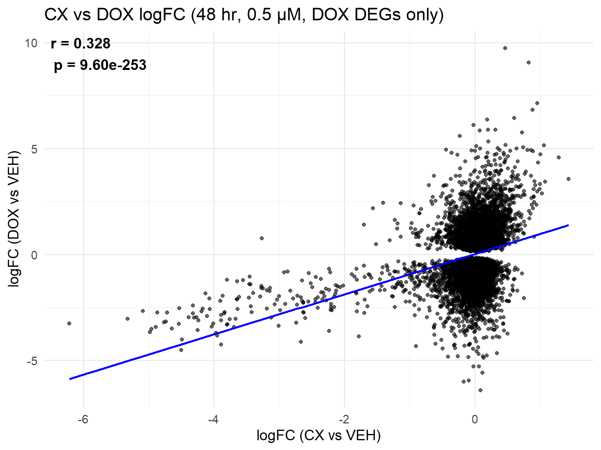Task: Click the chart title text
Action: pos(244,15)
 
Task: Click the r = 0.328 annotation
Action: pos(81,43)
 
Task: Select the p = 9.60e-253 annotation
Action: pos(100,65)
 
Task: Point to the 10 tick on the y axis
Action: pos(31,43)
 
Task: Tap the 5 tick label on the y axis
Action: pos(34,149)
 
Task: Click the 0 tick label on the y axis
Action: pos(34,255)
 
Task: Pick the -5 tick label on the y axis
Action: pos(32,361)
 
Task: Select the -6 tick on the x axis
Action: pos(83,420)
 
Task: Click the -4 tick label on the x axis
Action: pos(213,420)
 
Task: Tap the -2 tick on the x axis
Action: pos(344,420)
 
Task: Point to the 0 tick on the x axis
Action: pos(475,420)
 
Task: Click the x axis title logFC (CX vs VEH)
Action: pos(318,435)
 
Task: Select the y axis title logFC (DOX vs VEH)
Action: pos(14,219)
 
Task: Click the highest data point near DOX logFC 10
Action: pos(505,48)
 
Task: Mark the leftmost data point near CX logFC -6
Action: pos(69,323)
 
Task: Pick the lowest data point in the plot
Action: pos(480,390)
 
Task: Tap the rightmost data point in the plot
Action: pos(569,179)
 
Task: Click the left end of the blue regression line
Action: pos(70,379)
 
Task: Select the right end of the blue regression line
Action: pos(568,225)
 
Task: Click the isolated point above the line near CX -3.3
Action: pos(262,238)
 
